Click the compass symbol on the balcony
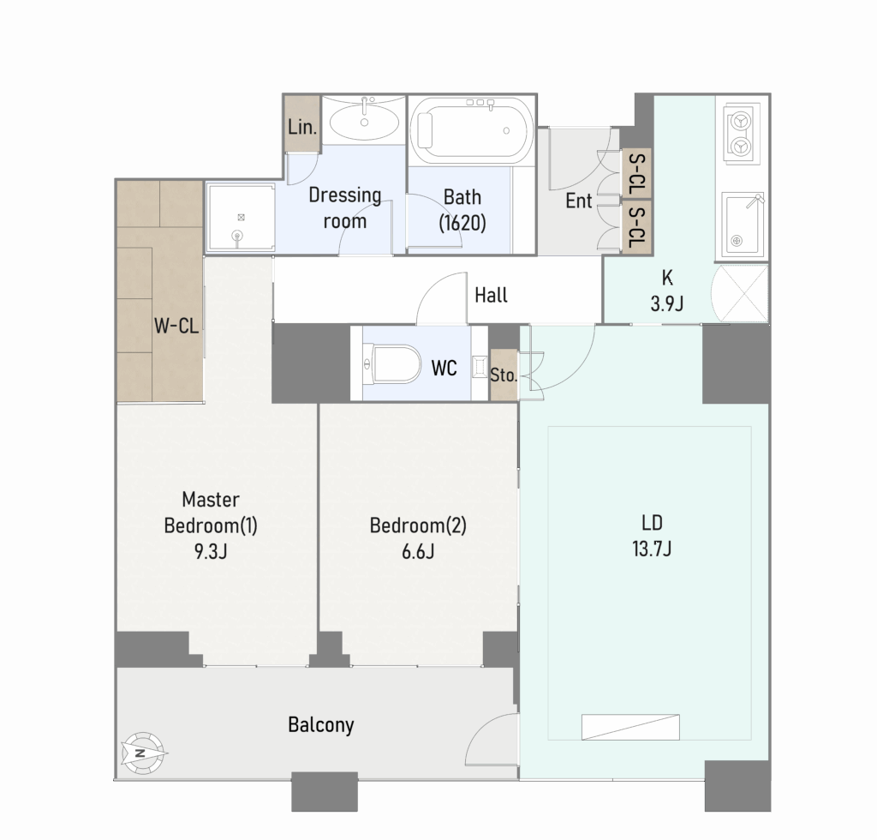point(143,753)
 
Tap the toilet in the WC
point(392,363)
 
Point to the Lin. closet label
point(302,127)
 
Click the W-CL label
point(176,325)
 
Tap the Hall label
point(491,295)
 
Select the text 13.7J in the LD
point(652,549)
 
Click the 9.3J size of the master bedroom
point(211,552)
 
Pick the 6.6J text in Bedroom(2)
point(418,552)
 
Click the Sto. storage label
point(504,375)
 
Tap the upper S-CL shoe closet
point(637,172)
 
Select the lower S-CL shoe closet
point(637,227)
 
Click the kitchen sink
point(743,224)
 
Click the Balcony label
point(321,725)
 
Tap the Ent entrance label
point(578,201)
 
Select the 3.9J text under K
point(666,304)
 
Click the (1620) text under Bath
point(462,224)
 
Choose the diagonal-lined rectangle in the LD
point(631,727)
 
